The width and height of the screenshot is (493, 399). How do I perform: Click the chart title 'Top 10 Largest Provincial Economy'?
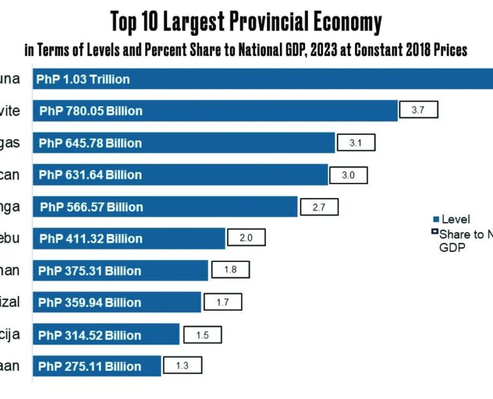tap(246, 22)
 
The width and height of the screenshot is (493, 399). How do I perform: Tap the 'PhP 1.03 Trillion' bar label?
tap(83, 79)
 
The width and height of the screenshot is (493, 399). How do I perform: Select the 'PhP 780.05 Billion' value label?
tap(91, 111)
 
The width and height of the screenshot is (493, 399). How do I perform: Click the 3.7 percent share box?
tap(418, 110)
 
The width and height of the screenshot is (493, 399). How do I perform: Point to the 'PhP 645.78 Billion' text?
tap(90, 143)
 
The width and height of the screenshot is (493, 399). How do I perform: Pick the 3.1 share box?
tap(356, 142)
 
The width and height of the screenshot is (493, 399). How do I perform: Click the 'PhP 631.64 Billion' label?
tap(90, 175)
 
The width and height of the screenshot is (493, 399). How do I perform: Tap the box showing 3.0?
tap(348, 175)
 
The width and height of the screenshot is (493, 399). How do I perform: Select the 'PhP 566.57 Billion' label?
tap(91, 207)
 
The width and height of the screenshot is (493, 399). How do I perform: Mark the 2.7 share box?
tap(318, 207)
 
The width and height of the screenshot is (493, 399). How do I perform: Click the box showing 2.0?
tap(246, 238)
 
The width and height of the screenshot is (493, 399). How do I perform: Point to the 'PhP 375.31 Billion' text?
tap(89, 271)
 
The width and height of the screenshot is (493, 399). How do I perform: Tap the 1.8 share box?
tap(231, 270)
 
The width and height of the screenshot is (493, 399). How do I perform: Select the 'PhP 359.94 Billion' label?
tap(89, 303)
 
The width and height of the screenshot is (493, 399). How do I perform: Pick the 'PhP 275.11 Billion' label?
tap(89, 366)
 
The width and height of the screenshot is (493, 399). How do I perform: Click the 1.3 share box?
tap(182, 365)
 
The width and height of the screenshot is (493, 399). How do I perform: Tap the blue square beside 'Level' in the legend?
tap(436, 219)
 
